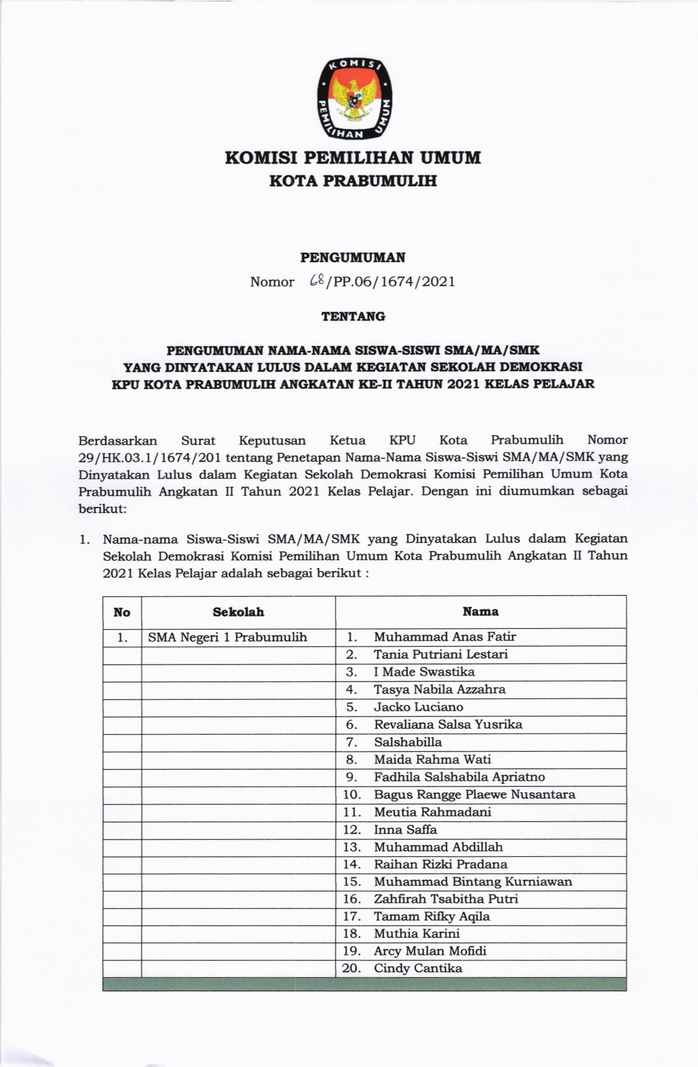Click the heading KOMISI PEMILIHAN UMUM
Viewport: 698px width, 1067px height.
(352, 158)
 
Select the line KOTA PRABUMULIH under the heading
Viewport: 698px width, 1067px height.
(352, 181)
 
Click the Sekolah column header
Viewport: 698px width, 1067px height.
(238, 612)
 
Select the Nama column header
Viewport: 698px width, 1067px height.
(481, 612)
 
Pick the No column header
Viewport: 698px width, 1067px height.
(122, 612)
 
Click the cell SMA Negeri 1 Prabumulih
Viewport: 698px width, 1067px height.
(227, 637)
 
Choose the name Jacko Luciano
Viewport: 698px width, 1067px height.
(418, 707)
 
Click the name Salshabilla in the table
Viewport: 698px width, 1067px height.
(408, 742)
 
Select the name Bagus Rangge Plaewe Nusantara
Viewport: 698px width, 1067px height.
(475, 795)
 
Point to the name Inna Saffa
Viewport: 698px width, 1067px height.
(405, 830)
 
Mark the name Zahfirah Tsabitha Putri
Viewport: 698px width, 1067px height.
(446, 899)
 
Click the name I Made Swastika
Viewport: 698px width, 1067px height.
(424, 672)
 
